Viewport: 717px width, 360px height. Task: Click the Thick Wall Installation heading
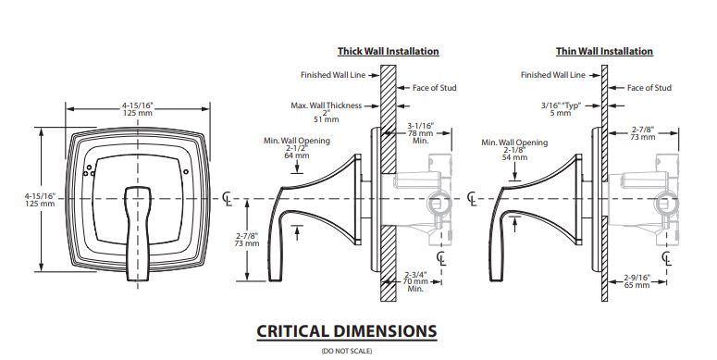pos(389,51)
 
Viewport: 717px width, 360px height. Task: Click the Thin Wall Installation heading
pos(604,51)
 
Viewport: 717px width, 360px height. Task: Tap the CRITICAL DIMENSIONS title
pos(347,331)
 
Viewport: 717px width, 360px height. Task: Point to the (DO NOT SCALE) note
pos(347,352)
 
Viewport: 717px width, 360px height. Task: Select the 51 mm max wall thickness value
pos(326,119)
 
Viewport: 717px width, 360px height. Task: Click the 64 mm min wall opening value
pos(296,155)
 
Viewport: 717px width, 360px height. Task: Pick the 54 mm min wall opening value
pos(514,157)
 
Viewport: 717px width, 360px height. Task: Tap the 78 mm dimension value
pos(420,133)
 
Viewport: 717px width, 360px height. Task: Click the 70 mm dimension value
pos(415,281)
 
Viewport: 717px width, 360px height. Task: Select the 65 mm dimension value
pos(637,285)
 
